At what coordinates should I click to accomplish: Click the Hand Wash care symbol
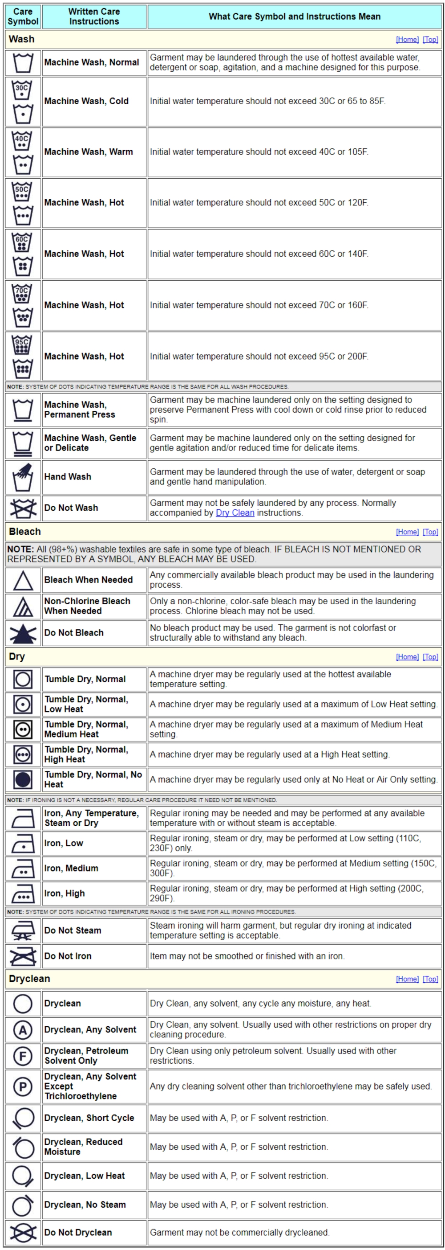[23, 477]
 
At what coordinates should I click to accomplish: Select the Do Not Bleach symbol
[23, 633]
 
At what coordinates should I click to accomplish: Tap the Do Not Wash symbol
[23, 508]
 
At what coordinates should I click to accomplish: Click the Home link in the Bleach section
[407, 532]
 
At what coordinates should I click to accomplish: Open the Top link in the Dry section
[430, 656]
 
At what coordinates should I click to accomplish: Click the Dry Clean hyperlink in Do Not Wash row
[235, 513]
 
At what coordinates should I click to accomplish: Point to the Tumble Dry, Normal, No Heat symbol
[23, 779]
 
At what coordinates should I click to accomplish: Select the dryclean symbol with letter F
[23, 1055]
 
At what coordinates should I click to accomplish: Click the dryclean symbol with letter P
[23, 1086]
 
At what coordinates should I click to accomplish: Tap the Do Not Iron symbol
[23, 956]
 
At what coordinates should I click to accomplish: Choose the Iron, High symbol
[23, 893]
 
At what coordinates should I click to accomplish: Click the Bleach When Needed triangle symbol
[23, 580]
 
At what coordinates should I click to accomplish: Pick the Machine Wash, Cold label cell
[86, 101]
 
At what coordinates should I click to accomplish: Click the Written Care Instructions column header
[93, 16]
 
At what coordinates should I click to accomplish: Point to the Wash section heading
[22, 39]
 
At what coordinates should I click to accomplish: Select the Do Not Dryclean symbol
[23, 1232]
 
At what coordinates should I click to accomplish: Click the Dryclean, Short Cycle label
[89, 1118]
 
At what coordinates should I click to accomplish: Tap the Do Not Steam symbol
[23, 930]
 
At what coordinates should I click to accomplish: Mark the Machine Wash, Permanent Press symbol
[23, 410]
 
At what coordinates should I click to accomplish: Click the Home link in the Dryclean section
[407, 979]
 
